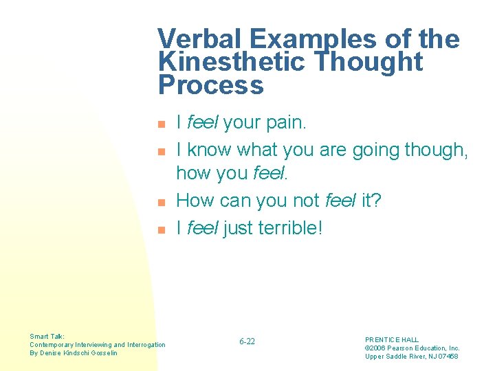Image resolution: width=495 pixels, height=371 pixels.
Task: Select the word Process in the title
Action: pyautogui.click(x=210, y=86)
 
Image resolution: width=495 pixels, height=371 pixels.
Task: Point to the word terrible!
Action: pyautogui.click(x=290, y=228)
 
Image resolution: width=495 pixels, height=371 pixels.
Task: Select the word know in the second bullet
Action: pyautogui.click(x=210, y=150)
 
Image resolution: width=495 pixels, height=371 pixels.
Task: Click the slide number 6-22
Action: pyautogui.click(x=247, y=341)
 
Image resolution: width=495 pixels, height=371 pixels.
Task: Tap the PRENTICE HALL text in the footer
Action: pyautogui.click(x=391, y=339)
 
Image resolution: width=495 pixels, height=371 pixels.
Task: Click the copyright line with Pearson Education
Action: pyautogui.click(x=412, y=348)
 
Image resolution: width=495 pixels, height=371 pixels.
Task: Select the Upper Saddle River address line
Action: pyautogui.click(x=411, y=356)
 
